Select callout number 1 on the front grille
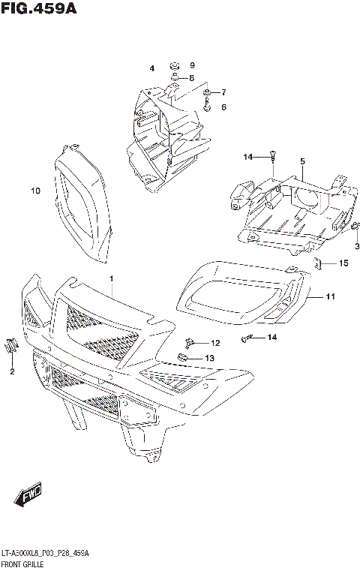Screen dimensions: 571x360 (111, 279)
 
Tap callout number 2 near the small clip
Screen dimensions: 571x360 (12, 371)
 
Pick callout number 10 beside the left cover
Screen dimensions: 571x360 (34, 191)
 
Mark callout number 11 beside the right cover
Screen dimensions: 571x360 (330, 297)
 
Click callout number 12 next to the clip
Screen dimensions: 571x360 (215, 343)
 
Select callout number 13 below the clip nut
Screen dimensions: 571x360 (210, 358)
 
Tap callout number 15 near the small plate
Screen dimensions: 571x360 (343, 263)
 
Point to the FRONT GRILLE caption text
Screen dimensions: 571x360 (28, 562)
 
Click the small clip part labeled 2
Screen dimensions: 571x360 (10, 346)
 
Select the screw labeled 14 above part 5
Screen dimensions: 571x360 (274, 157)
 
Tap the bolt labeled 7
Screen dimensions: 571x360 (206, 94)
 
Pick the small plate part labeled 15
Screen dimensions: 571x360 (318, 263)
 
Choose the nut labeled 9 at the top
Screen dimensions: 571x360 (173, 65)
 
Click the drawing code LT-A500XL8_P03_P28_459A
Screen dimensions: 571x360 (46, 552)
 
